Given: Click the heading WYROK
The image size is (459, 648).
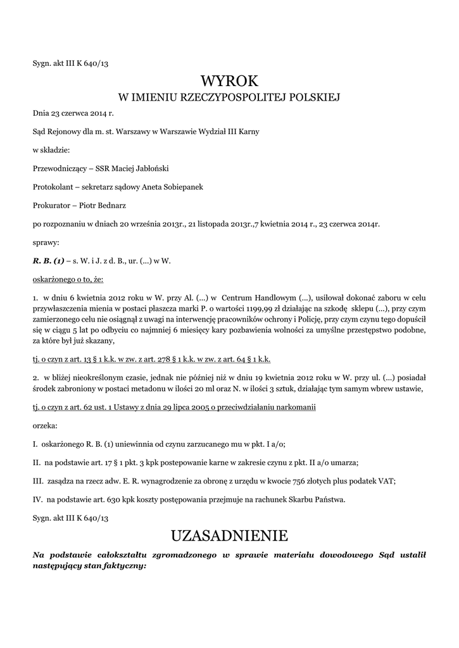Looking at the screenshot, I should pos(229,81).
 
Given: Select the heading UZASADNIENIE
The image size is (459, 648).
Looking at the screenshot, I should pos(229,536).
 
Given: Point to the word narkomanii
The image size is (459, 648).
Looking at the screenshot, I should pos(293,406).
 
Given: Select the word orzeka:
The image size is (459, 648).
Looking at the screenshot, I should pos(45,425).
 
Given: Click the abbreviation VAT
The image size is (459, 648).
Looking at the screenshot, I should pos(386,480).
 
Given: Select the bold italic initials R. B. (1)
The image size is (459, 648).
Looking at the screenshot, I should pos(48,260).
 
